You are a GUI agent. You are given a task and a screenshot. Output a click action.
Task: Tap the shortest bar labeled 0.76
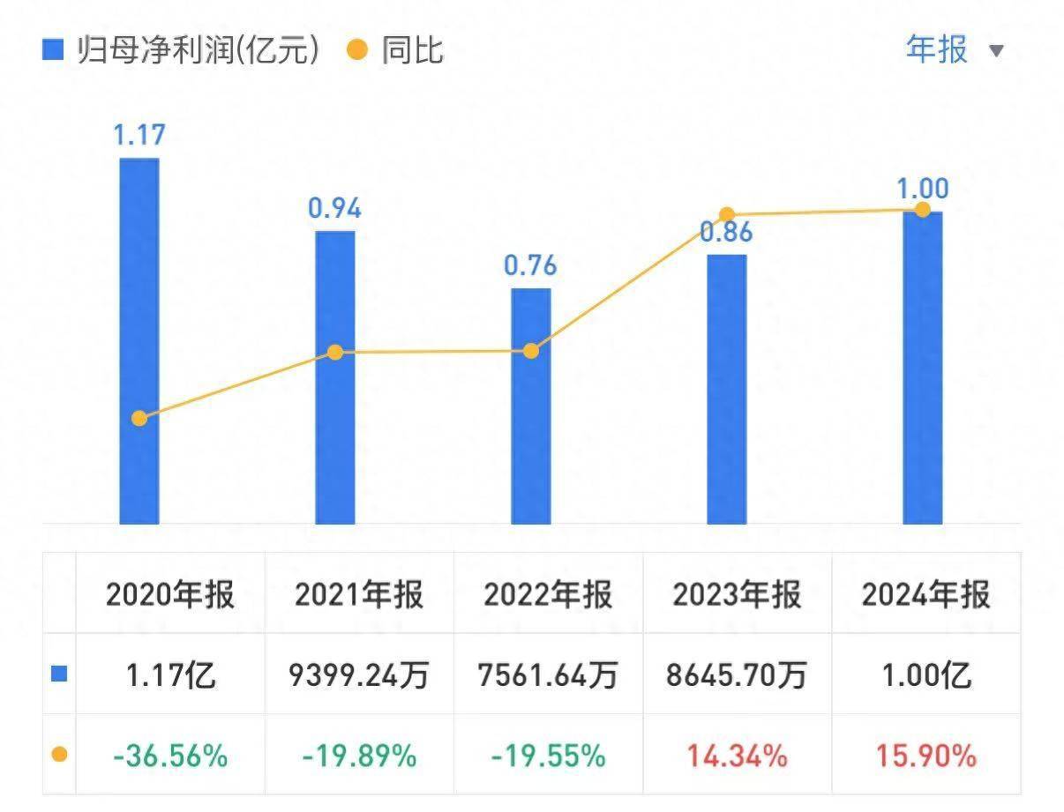point(530,406)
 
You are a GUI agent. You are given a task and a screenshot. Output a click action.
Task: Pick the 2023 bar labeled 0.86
point(726,389)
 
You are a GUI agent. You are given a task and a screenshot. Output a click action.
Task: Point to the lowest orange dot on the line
point(139,418)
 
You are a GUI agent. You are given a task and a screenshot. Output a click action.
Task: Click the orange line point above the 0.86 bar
point(727,214)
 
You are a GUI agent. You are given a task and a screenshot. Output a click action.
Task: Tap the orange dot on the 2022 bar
point(530,351)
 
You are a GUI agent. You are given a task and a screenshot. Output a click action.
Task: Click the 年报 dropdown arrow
point(996,51)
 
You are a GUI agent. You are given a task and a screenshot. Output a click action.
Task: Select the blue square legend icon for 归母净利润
point(54,50)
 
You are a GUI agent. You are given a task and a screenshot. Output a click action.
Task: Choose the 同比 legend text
point(412,50)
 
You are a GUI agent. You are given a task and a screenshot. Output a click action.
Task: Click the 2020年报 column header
point(170,595)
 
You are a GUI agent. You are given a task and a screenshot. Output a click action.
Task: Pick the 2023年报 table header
point(737,595)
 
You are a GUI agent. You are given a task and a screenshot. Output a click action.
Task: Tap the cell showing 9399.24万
point(359,675)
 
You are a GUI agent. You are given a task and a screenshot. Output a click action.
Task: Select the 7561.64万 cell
point(548,675)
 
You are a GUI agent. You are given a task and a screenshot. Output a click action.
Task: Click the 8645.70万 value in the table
point(737,675)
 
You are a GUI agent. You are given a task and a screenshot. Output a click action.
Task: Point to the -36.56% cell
point(170,756)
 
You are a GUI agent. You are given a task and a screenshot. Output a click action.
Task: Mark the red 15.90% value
point(925,756)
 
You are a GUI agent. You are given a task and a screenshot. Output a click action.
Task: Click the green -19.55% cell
point(548,756)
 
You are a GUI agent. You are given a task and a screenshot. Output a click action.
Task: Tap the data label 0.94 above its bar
point(334,209)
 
